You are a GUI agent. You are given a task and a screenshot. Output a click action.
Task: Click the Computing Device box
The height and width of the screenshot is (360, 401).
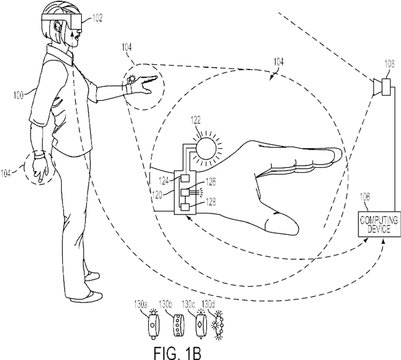point(379,224)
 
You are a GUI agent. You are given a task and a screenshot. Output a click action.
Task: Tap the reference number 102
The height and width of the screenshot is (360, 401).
point(97,18)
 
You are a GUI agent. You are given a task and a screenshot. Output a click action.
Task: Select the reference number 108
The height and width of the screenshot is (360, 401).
point(389,64)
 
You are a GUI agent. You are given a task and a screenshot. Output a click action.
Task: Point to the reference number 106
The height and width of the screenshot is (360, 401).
point(364,197)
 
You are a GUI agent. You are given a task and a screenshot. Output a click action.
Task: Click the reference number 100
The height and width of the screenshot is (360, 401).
point(18,95)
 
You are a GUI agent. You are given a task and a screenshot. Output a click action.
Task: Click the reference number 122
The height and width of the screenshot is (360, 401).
point(196,120)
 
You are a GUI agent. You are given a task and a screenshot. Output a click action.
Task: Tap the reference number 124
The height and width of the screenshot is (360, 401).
point(164,181)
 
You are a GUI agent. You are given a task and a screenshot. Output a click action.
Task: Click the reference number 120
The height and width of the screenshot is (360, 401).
point(157,195)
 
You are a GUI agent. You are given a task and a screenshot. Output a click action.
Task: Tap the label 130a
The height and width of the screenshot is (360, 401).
point(141,305)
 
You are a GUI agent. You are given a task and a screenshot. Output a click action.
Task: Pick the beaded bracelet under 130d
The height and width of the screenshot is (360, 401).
point(218,325)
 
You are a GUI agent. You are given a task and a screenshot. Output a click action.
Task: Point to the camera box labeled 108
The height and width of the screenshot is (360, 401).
point(386,87)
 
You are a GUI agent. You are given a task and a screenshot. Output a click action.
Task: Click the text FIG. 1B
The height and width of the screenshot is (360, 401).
point(177,352)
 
